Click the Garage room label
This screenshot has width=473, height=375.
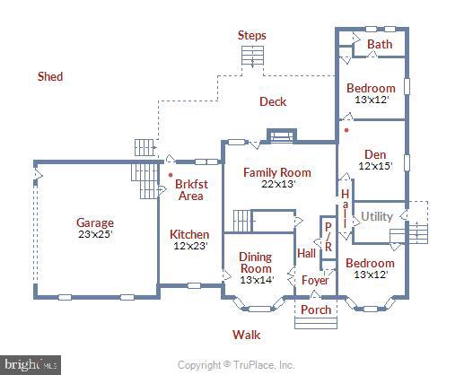[x=95, y=222]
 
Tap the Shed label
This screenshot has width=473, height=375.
[x=50, y=76]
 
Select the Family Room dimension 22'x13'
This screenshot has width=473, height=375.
[x=277, y=184]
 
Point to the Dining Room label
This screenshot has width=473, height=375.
[x=256, y=263]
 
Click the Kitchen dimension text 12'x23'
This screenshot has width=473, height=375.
[x=190, y=246]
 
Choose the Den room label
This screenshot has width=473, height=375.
[x=375, y=154]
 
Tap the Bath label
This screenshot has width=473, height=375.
[x=380, y=44]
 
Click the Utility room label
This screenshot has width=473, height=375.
[x=377, y=216]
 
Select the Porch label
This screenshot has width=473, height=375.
[x=316, y=310]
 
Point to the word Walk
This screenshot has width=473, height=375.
[x=246, y=335]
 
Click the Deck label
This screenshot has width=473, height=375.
[x=273, y=101]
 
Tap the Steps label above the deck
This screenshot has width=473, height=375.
[x=252, y=35]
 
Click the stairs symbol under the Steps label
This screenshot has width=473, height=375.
[x=252, y=56]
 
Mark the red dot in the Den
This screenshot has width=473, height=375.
[x=347, y=130]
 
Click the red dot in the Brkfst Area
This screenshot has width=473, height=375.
[x=171, y=175]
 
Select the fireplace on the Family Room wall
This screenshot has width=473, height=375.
[x=282, y=135]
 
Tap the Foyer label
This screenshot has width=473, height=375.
[x=315, y=280]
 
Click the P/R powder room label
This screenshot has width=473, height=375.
[x=328, y=237]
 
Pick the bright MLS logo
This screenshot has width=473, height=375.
[x=31, y=365]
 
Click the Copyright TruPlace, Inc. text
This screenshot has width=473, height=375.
[x=236, y=365]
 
